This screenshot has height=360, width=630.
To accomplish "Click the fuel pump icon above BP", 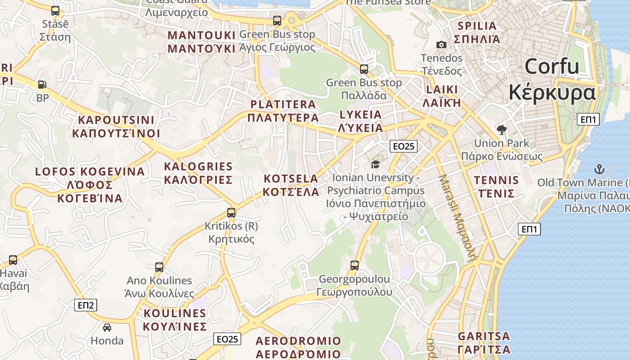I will [42, 84].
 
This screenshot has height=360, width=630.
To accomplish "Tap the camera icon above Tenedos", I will [441, 45].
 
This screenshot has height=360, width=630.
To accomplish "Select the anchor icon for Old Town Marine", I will [599, 170].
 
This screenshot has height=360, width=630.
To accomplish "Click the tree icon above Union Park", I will [501, 130].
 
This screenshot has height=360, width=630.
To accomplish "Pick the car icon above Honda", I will [107, 327].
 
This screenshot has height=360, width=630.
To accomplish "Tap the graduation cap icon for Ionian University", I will [375, 165].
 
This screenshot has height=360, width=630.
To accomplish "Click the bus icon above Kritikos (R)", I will [231, 212].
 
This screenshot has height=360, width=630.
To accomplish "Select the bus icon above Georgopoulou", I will [355, 265].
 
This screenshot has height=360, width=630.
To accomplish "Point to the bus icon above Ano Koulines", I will [159, 267].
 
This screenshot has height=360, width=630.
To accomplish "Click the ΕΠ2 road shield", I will [85, 306].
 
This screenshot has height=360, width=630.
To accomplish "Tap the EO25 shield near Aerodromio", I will [227, 339].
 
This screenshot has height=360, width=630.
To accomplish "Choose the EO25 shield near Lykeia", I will [404, 146].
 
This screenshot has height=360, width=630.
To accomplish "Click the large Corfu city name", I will [552, 80].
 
